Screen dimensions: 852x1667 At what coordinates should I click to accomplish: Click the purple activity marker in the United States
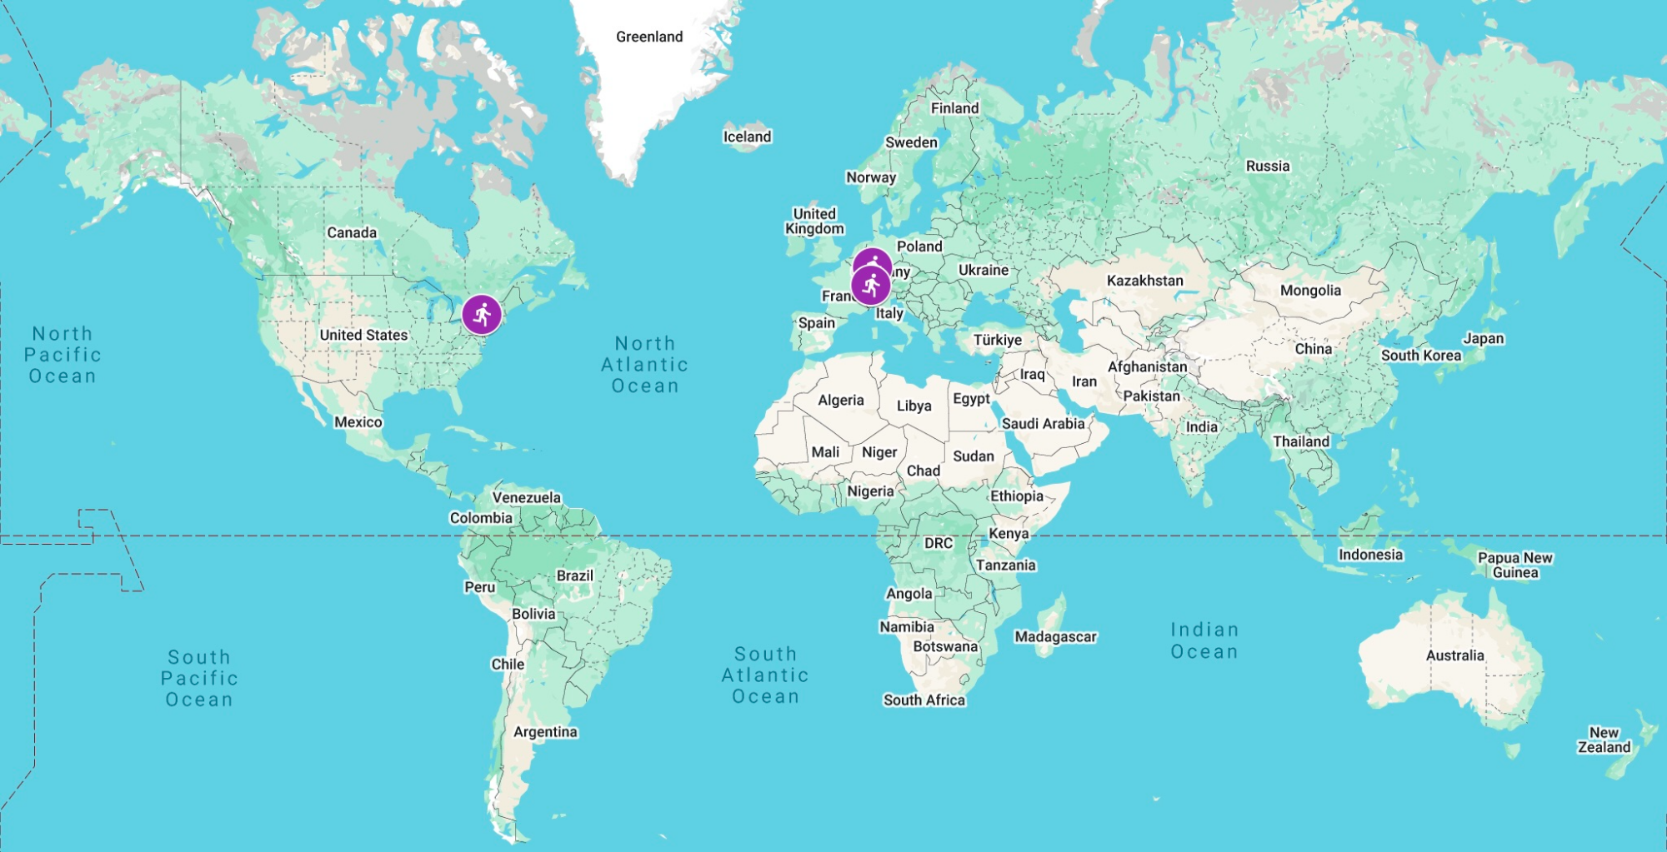pos(482,315)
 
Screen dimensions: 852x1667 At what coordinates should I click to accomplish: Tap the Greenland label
pos(649,37)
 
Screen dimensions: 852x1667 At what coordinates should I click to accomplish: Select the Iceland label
pos(747,137)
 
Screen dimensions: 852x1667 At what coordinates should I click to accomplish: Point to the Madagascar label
pos(1055,637)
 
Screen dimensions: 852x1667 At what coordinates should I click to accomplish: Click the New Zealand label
pos(1604,740)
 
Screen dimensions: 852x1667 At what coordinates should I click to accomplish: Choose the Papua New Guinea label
pos(1514,565)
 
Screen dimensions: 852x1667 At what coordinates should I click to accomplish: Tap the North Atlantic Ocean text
pos(645,365)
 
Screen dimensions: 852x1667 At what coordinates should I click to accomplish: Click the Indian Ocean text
pos(1204,640)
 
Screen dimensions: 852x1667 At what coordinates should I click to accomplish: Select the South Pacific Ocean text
pos(199,678)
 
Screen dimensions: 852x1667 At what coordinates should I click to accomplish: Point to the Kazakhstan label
pos(1144,281)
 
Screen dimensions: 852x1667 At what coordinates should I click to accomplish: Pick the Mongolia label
pos(1310,291)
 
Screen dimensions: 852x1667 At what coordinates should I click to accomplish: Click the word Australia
pos(1454,655)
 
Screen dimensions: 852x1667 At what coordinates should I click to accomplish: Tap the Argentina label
pos(545,732)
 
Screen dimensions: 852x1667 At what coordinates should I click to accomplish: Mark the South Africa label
pos(924,700)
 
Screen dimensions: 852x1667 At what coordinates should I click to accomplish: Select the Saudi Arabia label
pos(1043,424)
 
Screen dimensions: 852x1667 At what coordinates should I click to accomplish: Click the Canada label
pos(352,232)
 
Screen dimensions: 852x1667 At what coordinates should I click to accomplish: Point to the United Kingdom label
pos(814,222)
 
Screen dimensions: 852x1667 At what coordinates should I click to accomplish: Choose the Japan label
pos(1484,338)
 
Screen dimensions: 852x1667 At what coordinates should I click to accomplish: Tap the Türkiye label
pos(997,340)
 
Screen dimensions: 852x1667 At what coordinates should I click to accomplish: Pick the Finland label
pos(954,108)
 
